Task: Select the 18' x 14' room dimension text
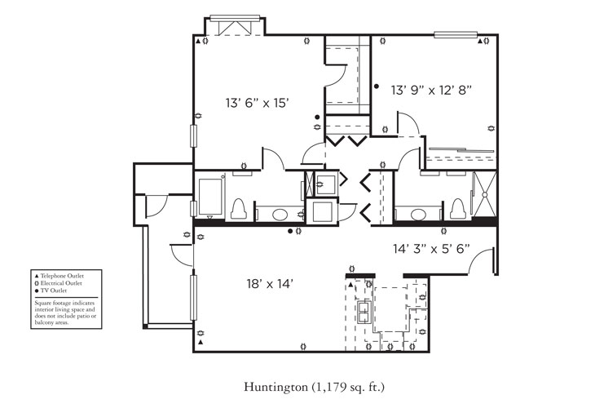click(269, 285)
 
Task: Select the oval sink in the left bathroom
click(280, 215)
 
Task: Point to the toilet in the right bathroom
click(457, 209)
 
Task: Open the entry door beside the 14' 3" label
click(483, 259)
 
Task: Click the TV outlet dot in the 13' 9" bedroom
click(377, 85)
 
